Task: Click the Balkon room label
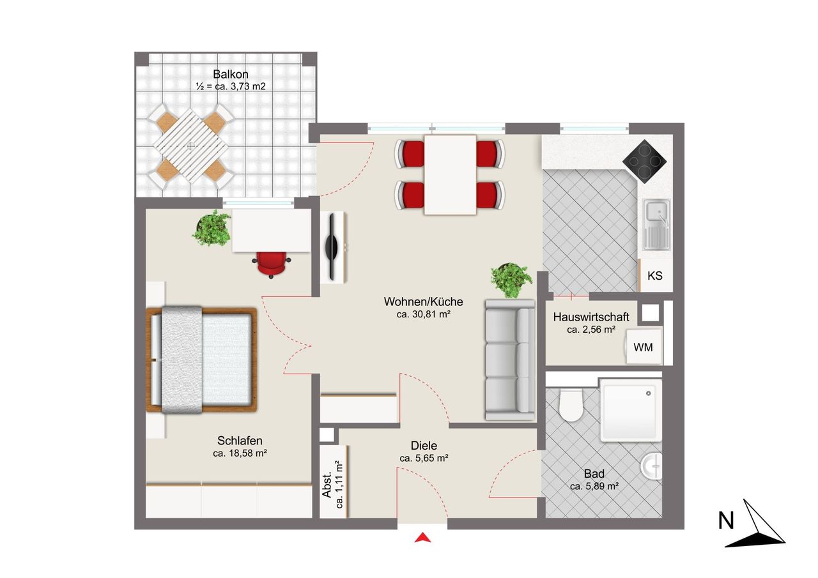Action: click(231, 75)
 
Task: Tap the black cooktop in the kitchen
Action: click(645, 162)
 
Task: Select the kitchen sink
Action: click(656, 224)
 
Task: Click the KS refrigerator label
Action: click(655, 275)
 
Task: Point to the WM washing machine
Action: click(644, 347)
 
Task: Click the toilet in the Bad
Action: click(571, 405)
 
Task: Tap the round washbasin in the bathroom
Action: click(652, 467)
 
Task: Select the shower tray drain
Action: click(648, 393)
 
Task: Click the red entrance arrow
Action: click(423, 538)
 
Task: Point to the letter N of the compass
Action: click(726, 521)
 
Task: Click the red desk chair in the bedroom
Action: click(270, 264)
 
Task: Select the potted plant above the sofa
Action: click(511, 280)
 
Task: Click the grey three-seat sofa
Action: click(510, 360)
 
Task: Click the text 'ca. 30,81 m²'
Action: click(423, 314)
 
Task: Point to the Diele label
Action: click(424, 446)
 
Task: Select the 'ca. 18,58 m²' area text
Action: click(240, 453)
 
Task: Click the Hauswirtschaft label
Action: click(591, 317)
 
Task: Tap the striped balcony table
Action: click(190, 146)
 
